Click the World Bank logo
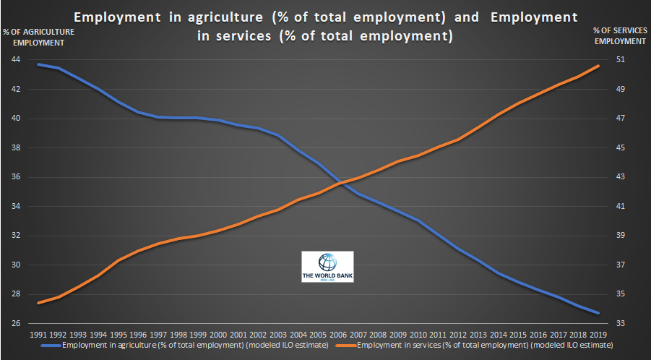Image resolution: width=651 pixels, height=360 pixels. (x=327, y=267)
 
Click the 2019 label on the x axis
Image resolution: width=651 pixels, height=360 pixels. (x=598, y=335)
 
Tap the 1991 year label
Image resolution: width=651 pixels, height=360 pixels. (x=39, y=335)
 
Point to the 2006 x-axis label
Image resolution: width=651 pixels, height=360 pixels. (x=338, y=335)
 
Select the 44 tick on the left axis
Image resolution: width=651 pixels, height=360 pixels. (x=15, y=60)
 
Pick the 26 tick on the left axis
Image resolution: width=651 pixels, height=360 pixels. (x=15, y=323)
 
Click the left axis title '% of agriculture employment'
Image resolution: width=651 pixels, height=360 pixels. (x=33, y=37)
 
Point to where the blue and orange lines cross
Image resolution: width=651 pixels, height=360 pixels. (x=343, y=184)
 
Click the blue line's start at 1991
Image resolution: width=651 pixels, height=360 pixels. (x=39, y=64)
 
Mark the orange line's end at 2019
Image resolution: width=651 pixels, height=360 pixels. (x=598, y=66)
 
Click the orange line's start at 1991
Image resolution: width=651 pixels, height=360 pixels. (x=39, y=302)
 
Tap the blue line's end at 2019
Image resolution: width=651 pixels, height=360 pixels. (x=598, y=313)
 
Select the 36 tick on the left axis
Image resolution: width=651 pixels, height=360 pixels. (x=15, y=177)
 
